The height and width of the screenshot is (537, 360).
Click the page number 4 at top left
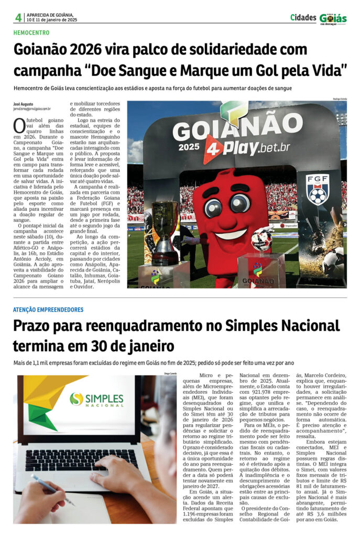point(18,17)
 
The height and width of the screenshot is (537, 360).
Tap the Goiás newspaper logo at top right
point(333,18)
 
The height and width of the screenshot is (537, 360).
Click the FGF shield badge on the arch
point(318,189)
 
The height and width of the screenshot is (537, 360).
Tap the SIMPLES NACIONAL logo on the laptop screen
point(97,399)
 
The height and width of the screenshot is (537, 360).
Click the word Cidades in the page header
point(303,17)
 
